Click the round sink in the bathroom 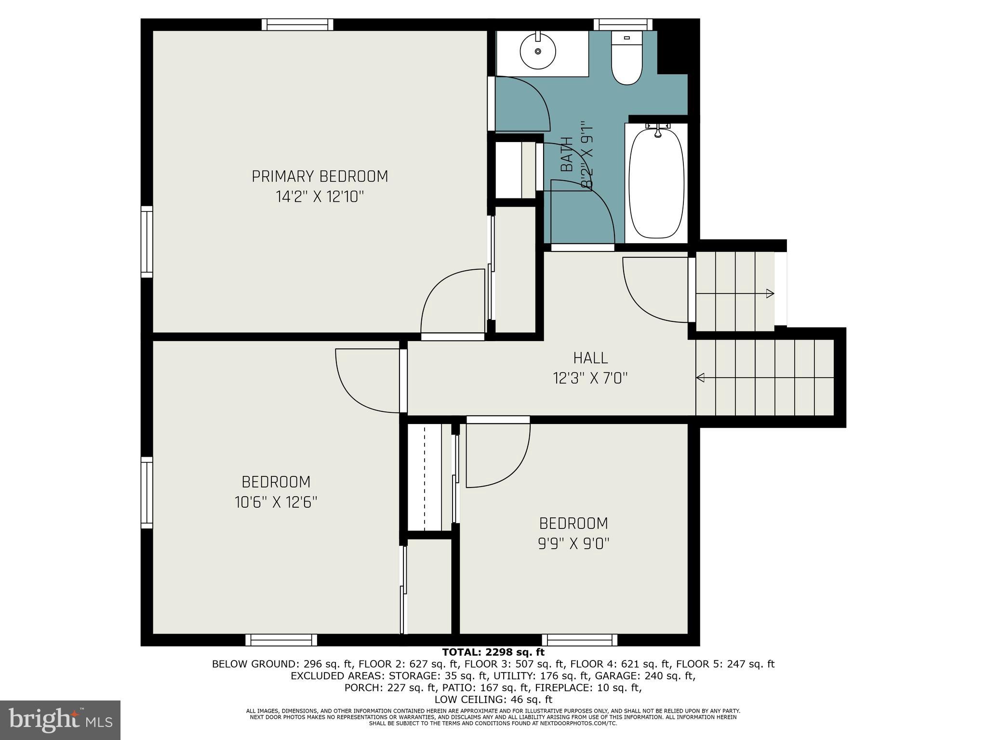click(x=538, y=51)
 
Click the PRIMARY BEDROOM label click(x=320, y=176)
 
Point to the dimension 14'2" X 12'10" click(x=320, y=197)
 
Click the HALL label click(x=590, y=358)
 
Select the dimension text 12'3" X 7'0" click(x=590, y=378)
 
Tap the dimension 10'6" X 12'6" click(x=276, y=502)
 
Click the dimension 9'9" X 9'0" click(x=574, y=544)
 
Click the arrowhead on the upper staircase click(x=770, y=293)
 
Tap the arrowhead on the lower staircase click(x=701, y=378)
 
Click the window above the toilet click(x=623, y=24)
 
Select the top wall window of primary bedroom click(x=297, y=24)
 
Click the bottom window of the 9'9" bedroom click(x=580, y=640)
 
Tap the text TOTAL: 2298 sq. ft click(x=493, y=652)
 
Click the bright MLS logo click(x=60, y=720)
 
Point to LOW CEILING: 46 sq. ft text click(x=493, y=700)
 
